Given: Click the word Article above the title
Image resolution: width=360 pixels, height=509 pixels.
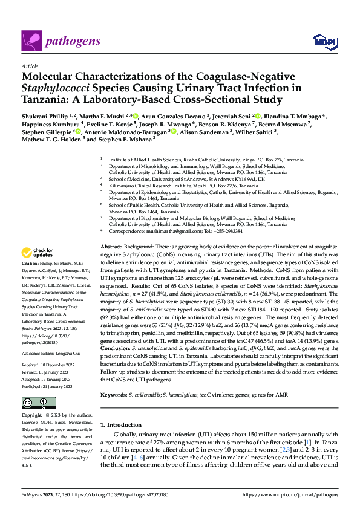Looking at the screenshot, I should point(29,65).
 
